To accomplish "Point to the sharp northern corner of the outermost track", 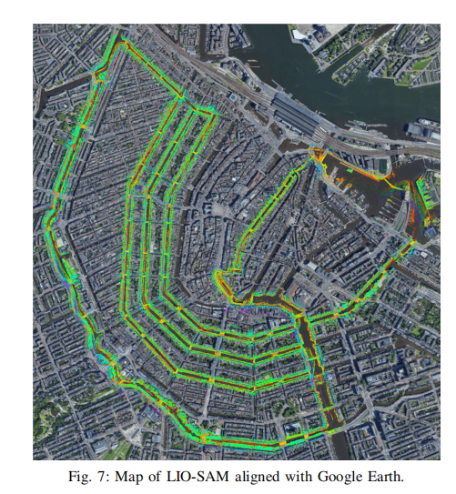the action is [122, 40].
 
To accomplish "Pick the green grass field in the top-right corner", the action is [421, 64].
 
